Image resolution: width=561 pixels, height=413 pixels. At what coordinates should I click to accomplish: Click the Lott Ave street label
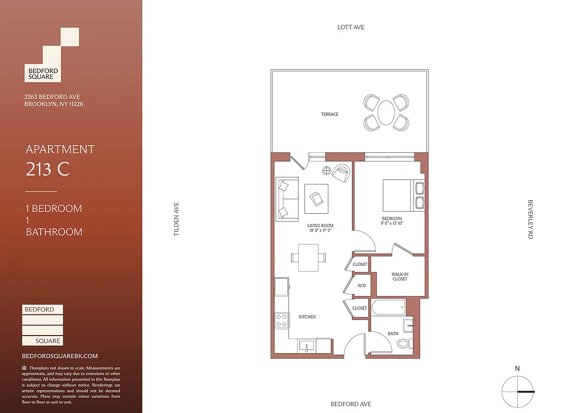350,27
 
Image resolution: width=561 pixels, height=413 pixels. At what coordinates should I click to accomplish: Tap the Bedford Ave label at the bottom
350,404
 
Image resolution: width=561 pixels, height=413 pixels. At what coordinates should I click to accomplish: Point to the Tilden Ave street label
176,219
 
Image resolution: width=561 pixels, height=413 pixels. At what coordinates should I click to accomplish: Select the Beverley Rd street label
530,219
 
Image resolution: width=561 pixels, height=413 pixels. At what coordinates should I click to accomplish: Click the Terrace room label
329,114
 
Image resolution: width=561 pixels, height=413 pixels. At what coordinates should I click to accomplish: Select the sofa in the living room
286,198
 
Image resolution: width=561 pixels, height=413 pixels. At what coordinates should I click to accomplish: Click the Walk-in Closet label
399,276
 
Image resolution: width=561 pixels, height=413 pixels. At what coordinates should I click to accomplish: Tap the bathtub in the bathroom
388,308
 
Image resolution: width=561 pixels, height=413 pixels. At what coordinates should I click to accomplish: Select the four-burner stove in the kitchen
282,321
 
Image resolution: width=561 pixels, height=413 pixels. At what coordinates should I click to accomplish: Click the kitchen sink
307,346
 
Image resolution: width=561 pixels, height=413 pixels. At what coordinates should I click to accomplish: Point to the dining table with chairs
309,257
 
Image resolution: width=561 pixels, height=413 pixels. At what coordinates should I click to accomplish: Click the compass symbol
517,392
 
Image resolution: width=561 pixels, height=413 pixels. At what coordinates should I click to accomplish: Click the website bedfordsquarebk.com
60,356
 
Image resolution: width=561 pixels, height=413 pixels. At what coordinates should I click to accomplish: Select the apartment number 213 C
47,169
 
